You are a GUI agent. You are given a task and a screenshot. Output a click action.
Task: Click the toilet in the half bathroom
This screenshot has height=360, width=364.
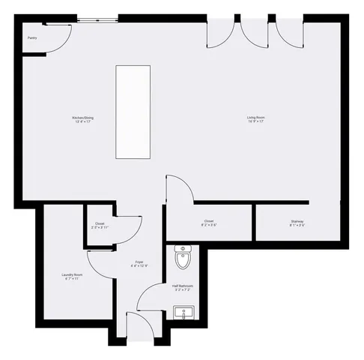pyautogui.click(x=183, y=257)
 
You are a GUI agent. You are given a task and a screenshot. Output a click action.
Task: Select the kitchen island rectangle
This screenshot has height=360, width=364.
pyautogui.click(x=133, y=112)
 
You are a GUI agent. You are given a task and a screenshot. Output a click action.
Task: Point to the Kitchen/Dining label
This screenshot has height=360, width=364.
pyautogui.click(x=82, y=118)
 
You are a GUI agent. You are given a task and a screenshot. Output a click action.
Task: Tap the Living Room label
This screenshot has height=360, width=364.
pyautogui.click(x=257, y=118)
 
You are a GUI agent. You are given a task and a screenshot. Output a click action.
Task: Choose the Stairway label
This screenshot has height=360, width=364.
pyautogui.click(x=297, y=220)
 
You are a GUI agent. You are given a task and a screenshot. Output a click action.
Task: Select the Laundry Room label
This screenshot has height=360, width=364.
pyautogui.click(x=72, y=274)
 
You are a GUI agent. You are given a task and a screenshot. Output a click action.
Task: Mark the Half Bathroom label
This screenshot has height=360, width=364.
pyautogui.click(x=183, y=286)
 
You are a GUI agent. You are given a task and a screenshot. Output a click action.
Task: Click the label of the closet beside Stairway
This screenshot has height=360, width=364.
pyautogui.click(x=208, y=220)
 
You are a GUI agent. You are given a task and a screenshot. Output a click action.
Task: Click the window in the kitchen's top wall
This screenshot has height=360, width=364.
pyautogui.click(x=97, y=19)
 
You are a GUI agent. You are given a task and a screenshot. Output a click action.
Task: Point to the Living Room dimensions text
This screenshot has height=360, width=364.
pyautogui.click(x=257, y=121)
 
